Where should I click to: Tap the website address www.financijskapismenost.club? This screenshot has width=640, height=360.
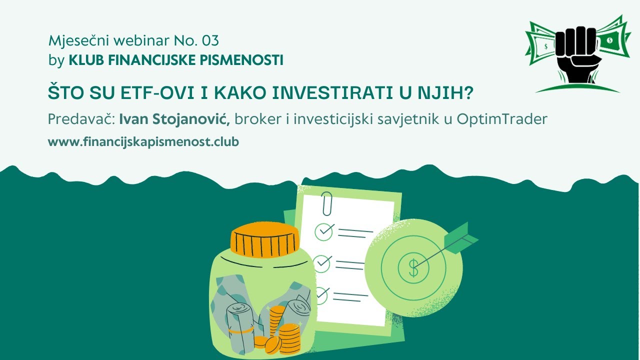coord(143,141)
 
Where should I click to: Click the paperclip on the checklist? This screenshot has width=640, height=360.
coord(327,202)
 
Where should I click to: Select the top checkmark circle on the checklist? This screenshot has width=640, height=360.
coord(324,230)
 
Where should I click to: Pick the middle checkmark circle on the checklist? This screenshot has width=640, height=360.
coord(322,262)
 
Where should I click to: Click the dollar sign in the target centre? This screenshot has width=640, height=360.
coord(413,268)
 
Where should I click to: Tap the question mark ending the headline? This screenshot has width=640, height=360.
coord(468,93)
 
